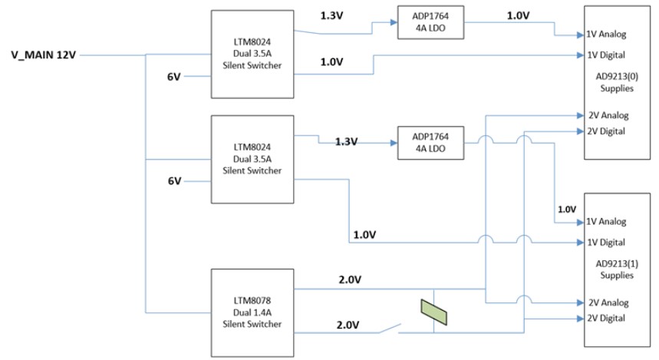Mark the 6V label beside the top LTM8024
[x=175, y=77]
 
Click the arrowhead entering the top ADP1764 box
[x=394, y=22]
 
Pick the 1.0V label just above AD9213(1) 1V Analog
[x=566, y=209]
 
